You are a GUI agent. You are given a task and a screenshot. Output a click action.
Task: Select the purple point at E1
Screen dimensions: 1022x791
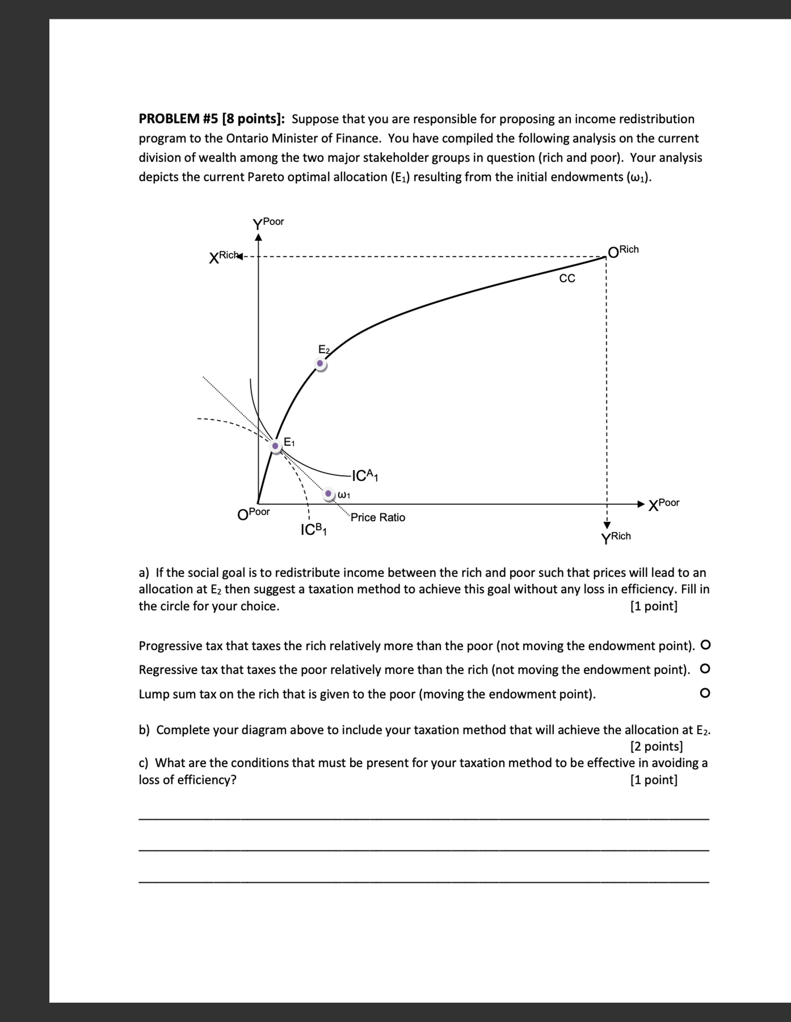point(275,446)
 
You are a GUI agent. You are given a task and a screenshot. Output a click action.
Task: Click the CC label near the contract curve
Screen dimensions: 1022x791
point(567,278)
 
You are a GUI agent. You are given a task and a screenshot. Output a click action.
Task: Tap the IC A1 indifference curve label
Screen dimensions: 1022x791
point(365,476)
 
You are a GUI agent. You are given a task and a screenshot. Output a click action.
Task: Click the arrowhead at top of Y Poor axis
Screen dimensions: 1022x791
point(258,237)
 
